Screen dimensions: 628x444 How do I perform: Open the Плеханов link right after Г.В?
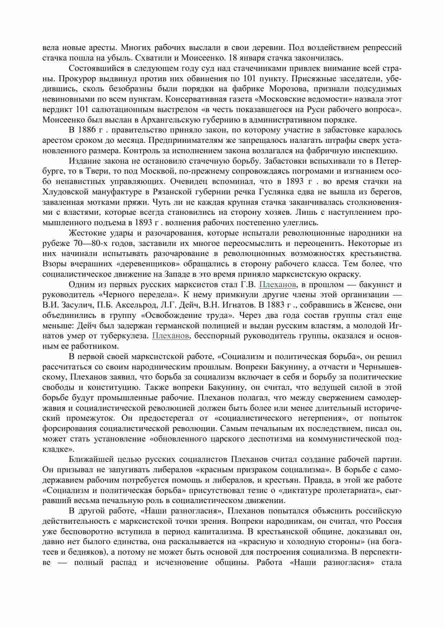click(278, 285)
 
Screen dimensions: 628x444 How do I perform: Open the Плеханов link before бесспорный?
click(171, 336)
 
